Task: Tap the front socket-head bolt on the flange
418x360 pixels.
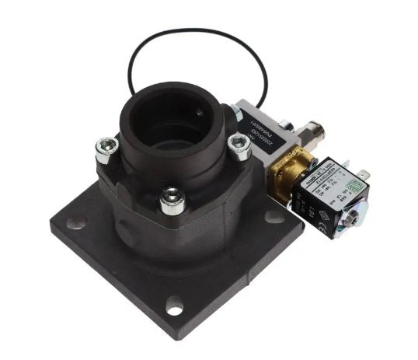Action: pos(172,198)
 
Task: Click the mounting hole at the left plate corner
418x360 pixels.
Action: pos(76,223)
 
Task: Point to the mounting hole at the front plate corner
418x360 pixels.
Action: pos(175,309)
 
